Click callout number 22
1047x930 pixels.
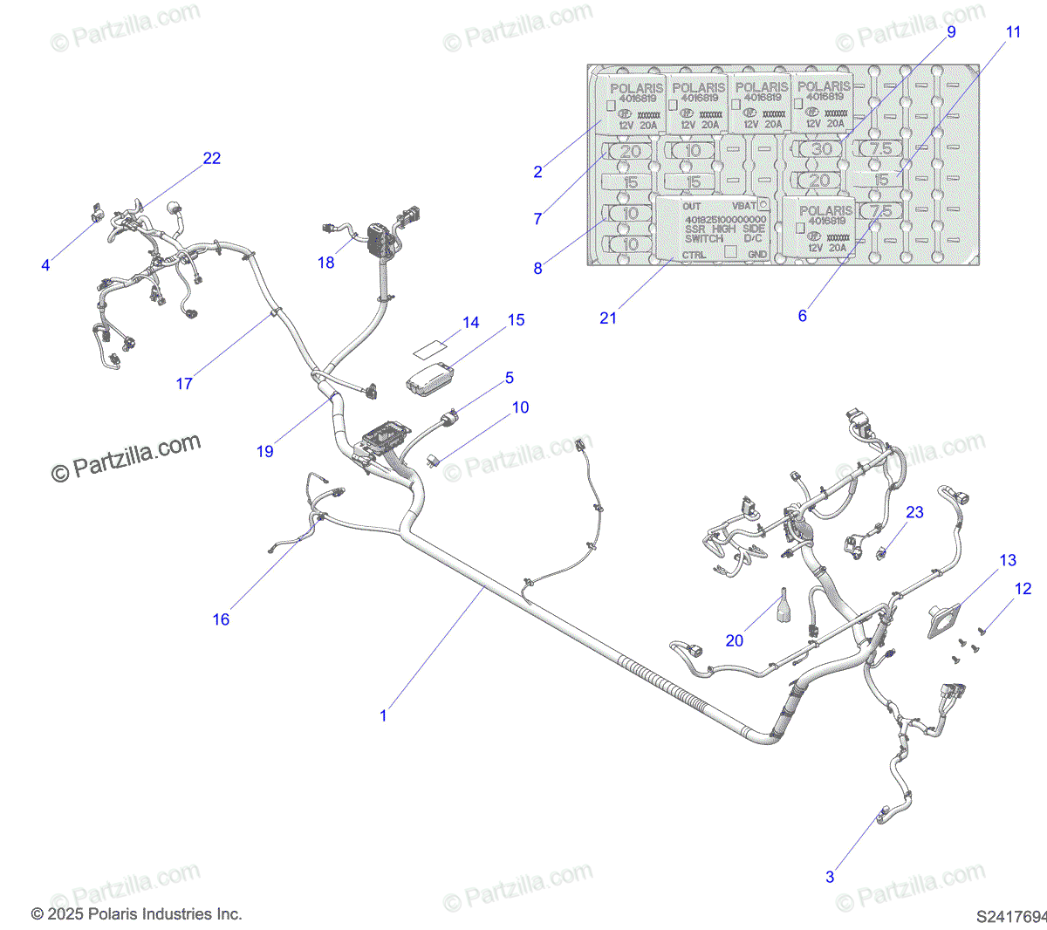click(x=212, y=158)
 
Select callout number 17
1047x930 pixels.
click(x=184, y=383)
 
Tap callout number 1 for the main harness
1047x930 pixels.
click(x=383, y=715)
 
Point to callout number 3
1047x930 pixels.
click(x=830, y=877)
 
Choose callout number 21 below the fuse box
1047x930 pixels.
click(x=608, y=318)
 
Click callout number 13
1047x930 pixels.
click(x=1008, y=560)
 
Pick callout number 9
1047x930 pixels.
click(x=951, y=31)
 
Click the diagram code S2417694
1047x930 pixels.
click(x=1010, y=917)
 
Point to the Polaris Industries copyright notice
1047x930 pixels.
click(x=137, y=914)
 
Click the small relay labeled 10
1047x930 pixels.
click(x=434, y=459)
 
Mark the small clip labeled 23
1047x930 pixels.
click(x=882, y=551)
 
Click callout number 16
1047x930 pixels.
click(x=221, y=619)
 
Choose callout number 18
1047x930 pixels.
click(x=325, y=263)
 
